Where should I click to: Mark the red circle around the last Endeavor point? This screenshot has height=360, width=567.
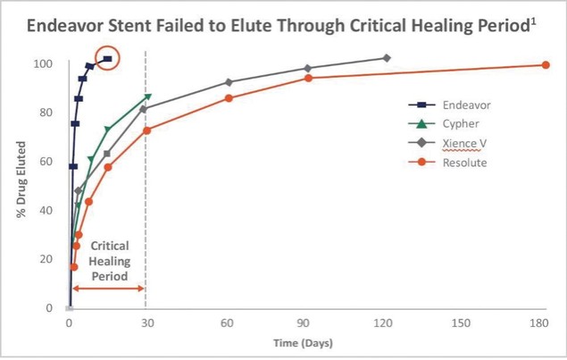(x=108, y=60)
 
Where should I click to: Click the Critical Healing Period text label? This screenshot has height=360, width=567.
(x=111, y=260)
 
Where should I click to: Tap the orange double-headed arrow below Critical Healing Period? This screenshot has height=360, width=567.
(x=108, y=288)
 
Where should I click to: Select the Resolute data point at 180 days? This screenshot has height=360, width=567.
(x=546, y=64)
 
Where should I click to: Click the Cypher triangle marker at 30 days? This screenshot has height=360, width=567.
(x=147, y=97)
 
